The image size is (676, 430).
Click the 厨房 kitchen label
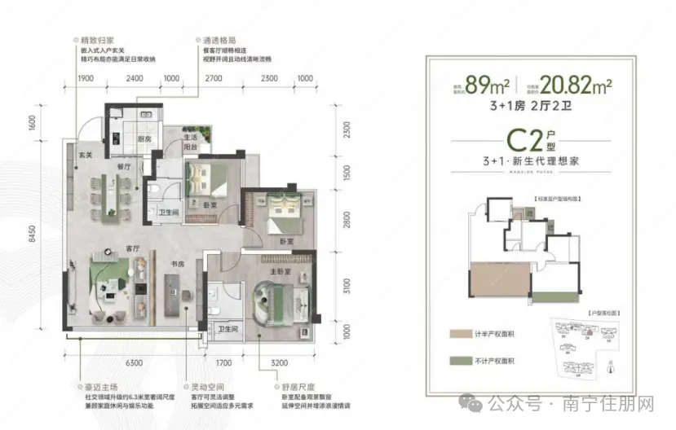pos(144,139)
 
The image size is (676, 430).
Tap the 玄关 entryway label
pos(84,150)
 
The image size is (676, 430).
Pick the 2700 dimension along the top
pos(214,78)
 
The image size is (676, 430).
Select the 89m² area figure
pos(485,84)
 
